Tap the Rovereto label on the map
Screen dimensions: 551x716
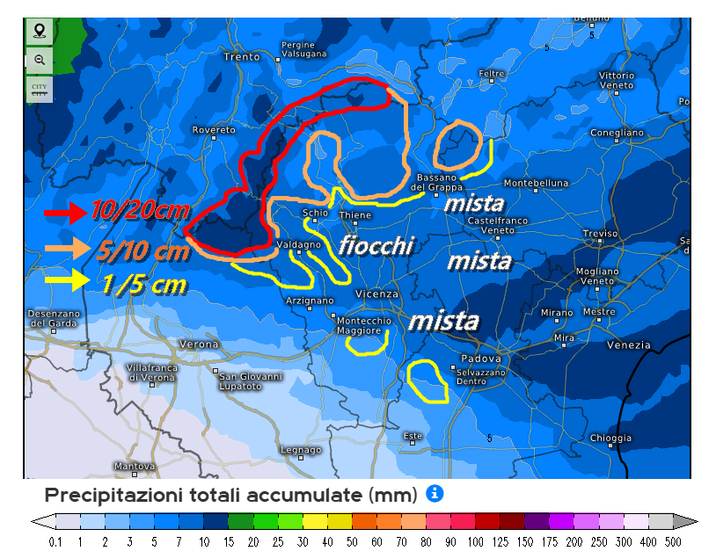point(215,130)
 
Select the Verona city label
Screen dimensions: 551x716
point(198,344)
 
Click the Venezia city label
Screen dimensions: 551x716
point(629,345)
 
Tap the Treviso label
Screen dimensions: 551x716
point(600,234)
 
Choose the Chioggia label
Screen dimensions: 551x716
point(610,438)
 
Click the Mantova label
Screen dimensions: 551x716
point(135,466)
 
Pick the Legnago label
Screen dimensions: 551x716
point(300,450)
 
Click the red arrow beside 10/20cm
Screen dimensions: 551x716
point(65,212)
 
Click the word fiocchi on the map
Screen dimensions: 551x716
point(376,245)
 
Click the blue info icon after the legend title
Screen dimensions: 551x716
point(435,494)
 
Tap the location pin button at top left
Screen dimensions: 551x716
point(39,32)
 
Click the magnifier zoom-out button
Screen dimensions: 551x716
point(39,60)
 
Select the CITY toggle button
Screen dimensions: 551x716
point(39,88)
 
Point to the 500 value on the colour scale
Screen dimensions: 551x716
point(673,542)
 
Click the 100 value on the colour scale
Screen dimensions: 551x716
point(475,542)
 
